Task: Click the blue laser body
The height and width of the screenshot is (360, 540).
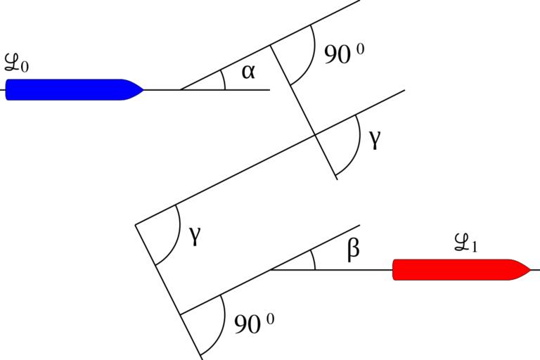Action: pyautogui.click(x=67, y=89)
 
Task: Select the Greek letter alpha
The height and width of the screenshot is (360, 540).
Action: pyautogui.click(x=248, y=72)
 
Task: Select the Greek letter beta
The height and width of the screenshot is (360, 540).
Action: pyautogui.click(x=354, y=248)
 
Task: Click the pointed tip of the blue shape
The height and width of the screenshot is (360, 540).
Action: pyautogui.click(x=143, y=89)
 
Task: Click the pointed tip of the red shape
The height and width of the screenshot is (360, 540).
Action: pyautogui.click(x=529, y=269)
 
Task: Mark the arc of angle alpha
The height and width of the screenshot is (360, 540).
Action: pyautogui.click(x=224, y=79)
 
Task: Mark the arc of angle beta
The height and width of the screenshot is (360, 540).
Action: pyautogui.click(x=314, y=260)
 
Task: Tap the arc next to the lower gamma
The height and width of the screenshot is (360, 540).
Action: pyautogui.click(x=175, y=239)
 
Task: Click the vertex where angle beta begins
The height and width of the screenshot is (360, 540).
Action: pyautogui.click(x=270, y=270)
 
